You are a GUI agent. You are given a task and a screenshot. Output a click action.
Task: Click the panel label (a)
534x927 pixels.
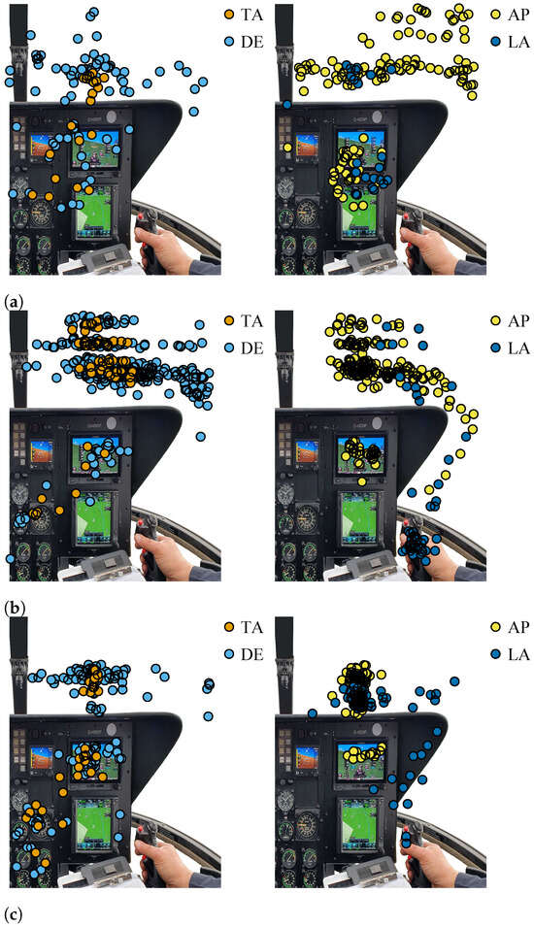coord(13,300)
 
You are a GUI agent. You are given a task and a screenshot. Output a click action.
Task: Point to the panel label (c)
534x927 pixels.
coord(13,913)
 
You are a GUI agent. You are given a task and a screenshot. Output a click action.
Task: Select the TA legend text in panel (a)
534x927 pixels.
coord(250,15)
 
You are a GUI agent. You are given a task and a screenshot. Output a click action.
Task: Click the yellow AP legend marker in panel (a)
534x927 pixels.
coord(495,15)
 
